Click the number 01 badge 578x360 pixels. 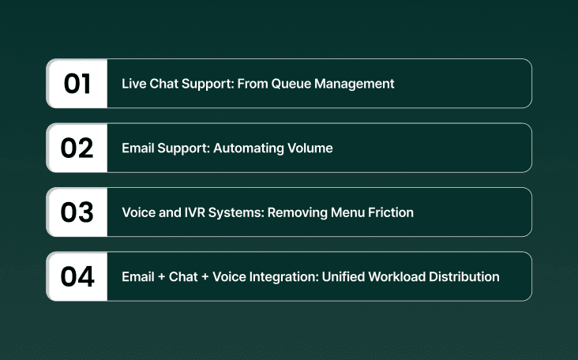click(77, 84)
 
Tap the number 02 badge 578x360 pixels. click(77, 148)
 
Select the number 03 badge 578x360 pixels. click(77, 212)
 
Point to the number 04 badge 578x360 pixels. click(77, 277)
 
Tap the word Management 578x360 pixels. click(354, 84)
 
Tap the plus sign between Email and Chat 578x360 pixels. click(162, 277)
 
